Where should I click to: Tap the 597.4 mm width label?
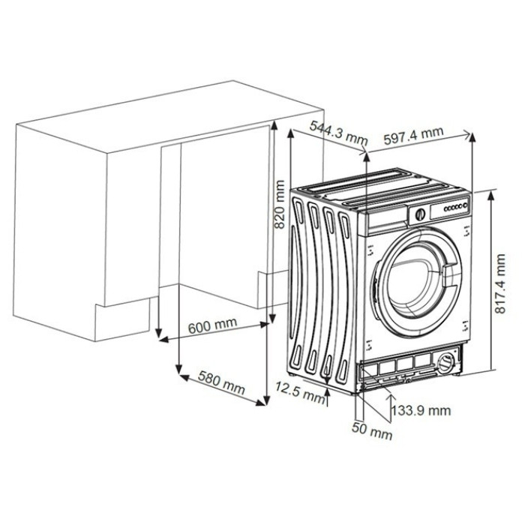pos(413,135)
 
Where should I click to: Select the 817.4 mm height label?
pos(500,283)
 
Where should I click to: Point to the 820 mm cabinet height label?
pos(279,204)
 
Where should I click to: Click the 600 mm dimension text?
pos(212,325)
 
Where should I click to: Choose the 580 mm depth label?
pos(221,382)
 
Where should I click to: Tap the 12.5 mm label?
pos(300,391)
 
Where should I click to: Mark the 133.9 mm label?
pos(421,410)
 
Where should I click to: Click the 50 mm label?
pos(372,431)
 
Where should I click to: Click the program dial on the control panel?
pos(420,214)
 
